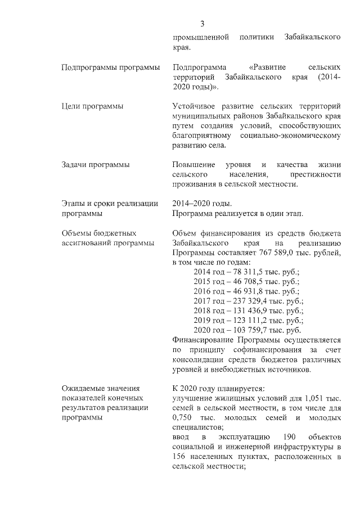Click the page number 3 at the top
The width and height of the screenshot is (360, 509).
(202, 23)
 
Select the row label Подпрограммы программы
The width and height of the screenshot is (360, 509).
(110, 67)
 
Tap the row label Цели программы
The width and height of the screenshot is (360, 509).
(92, 106)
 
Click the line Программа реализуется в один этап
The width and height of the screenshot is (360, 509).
(238, 214)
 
